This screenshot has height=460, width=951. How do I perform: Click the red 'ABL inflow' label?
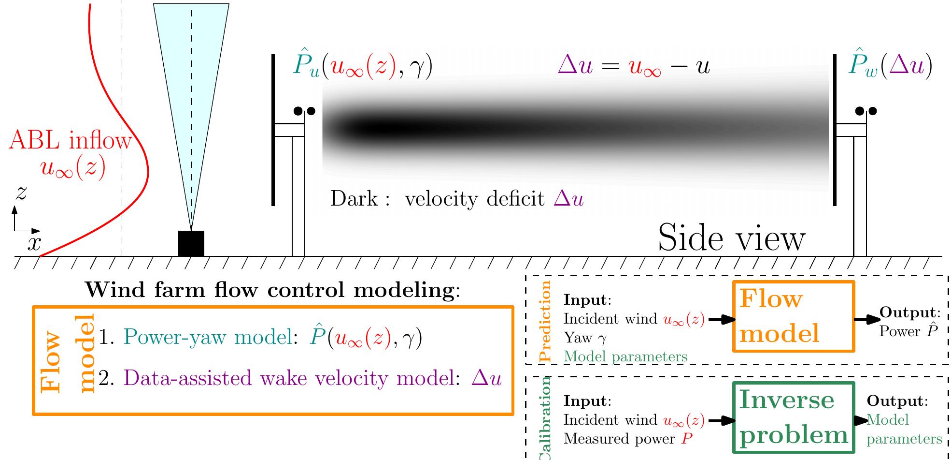pos(70,141)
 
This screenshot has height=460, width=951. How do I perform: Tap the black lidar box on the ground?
pos(191,243)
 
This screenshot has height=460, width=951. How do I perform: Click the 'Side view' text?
pos(731,237)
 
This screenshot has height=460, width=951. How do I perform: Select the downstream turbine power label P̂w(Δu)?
pos(890,67)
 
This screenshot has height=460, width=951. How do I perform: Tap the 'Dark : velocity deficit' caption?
pos(456,199)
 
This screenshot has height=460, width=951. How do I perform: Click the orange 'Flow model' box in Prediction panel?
pos(793,316)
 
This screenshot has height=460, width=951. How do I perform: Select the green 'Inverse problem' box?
pos(793,417)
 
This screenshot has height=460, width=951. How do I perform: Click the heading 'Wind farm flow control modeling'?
pos(273,290)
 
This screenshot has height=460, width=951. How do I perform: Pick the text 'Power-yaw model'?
pos(208,337)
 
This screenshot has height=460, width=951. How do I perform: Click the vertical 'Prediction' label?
pos(545,321)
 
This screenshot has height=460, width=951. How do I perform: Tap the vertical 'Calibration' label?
pos(545,418)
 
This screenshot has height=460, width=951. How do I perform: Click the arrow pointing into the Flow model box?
pos(721,319)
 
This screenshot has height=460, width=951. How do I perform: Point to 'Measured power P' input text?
pos(628,439)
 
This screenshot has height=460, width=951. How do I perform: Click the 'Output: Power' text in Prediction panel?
pos(908,322)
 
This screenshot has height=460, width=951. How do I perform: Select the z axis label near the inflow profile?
pos(20,193)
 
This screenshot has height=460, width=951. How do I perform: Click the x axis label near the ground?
pos(34,243)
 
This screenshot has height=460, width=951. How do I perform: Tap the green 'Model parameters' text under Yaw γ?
pos(625,356)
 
